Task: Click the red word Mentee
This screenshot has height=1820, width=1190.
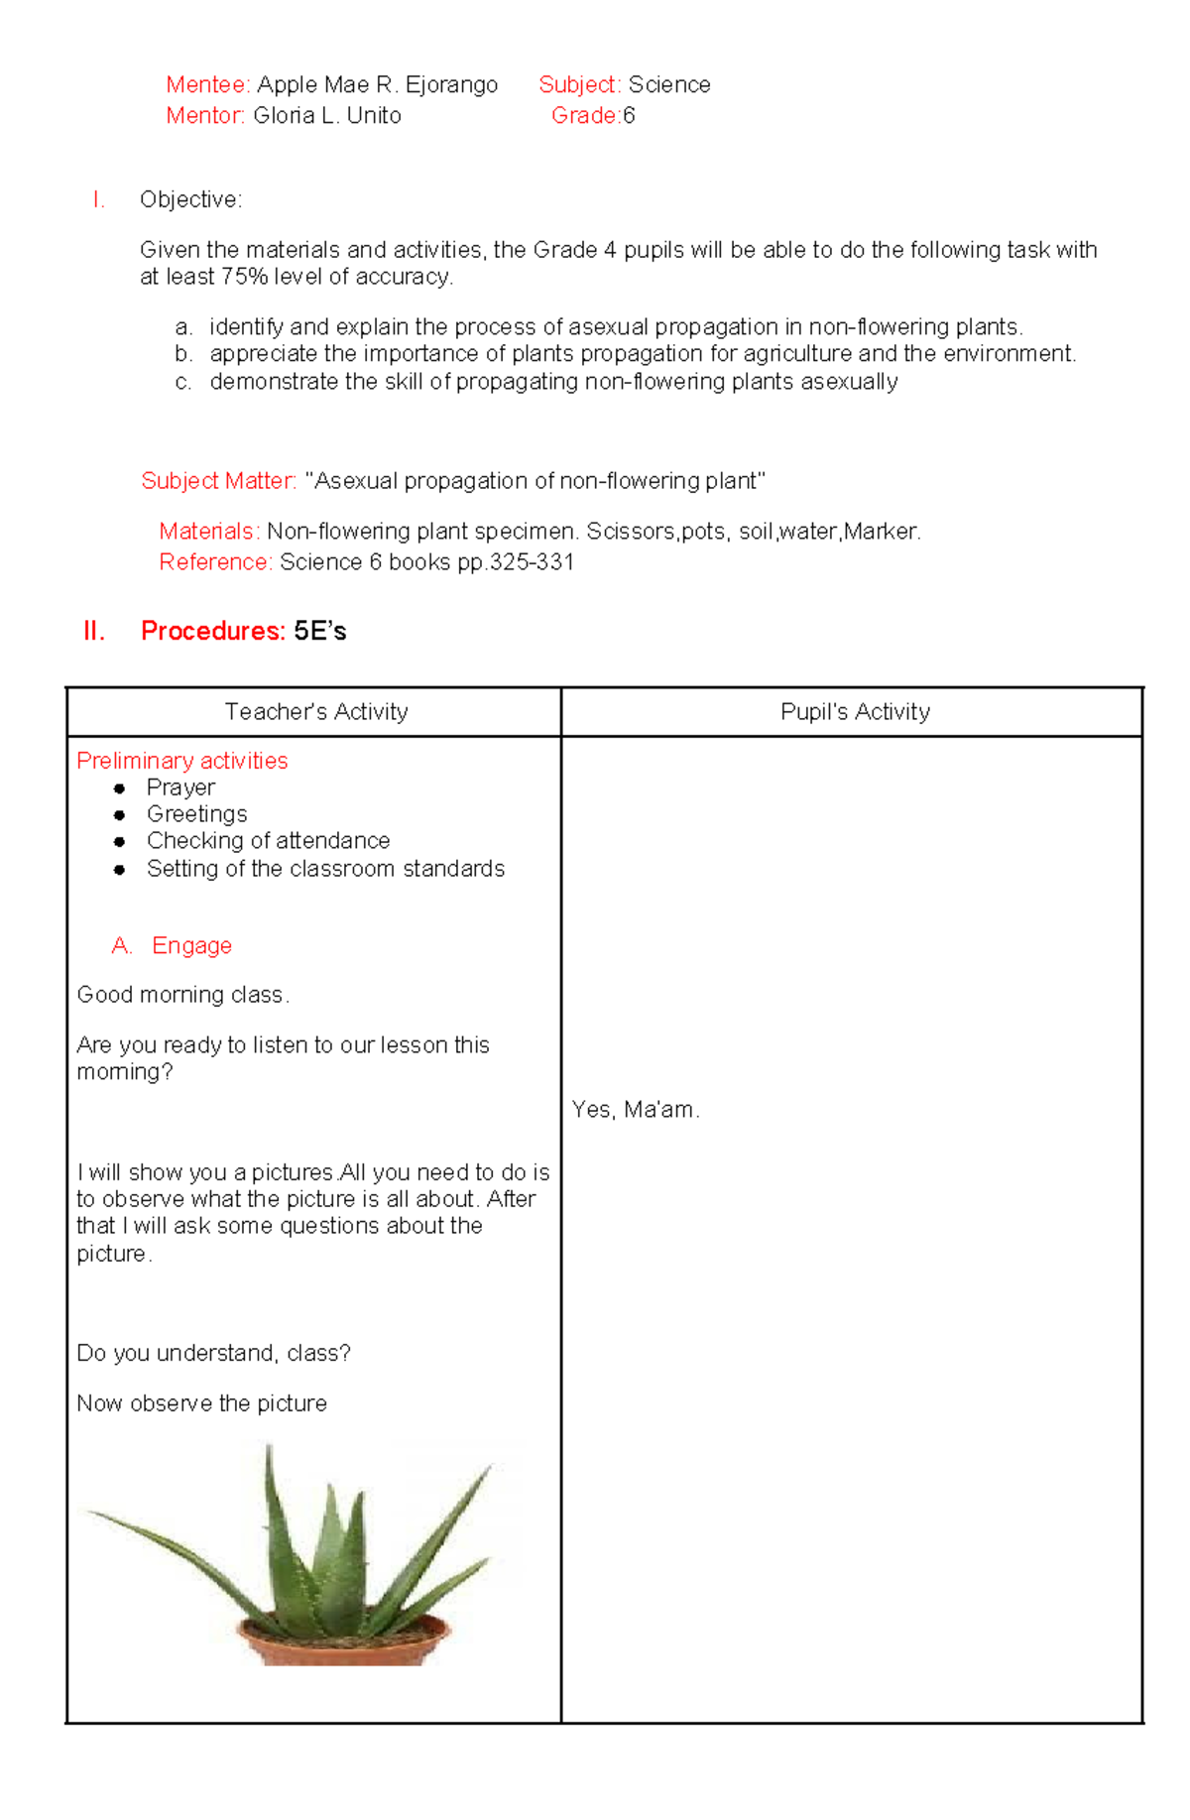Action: pyautogui.click(x=207, y=85)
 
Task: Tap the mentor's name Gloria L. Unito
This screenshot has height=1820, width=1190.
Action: pyautogui.click(x=326, y=116)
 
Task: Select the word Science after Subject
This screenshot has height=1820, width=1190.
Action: pyautogui.click(x=669, y=85)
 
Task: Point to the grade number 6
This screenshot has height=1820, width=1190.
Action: pyautogui.click(x=629, y=116)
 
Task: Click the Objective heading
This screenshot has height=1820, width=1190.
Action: pyautogui.click(x=190, y=200)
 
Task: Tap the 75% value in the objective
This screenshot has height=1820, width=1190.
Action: pyautogui.click(x=244, y=277)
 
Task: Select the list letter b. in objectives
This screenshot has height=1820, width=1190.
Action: pyautogui.click(x=182, y=354)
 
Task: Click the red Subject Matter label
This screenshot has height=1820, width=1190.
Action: pyautogui.click(x=218, y=481)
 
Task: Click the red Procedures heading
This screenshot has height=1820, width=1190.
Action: pyautogui.click(x=212, y=631)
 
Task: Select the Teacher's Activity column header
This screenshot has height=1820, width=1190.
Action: pyautogui.click(x=315, y=712)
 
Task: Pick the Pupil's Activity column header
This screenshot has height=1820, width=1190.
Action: pyautogui.click(x=855, y=712)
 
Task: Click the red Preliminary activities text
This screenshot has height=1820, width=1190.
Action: pyautogui.click(x=182, y=761)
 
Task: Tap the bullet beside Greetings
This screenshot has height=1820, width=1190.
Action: pyautogui.click(x=119, y=815)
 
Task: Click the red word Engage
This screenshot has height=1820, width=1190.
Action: pyautogui.click(x=191, y=946)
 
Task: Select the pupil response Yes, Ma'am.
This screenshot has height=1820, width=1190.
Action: pyautogui.click(x=636, y=1110)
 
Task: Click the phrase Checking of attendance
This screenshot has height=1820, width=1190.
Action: pyautogui.click(x=268, y=841)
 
